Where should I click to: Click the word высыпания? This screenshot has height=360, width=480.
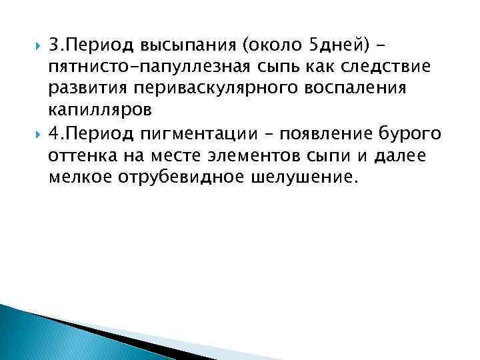click(187, 45)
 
